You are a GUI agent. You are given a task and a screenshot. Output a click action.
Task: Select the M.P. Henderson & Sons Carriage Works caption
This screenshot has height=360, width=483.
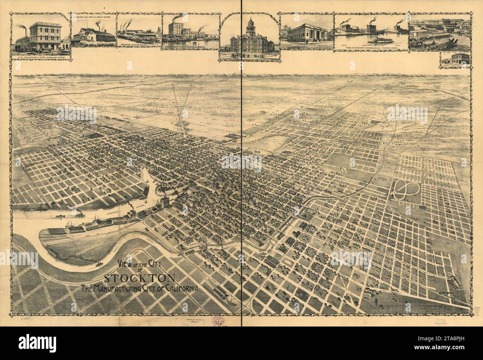pyautogui.click(x=42, y=58)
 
